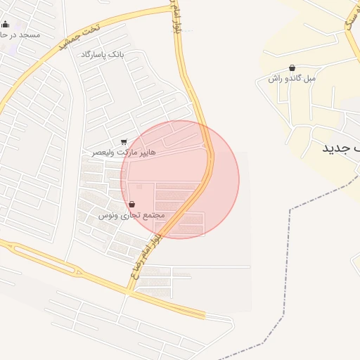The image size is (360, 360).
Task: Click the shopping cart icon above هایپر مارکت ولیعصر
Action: (124, 142)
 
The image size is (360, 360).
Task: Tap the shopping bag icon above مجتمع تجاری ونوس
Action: (132, 204)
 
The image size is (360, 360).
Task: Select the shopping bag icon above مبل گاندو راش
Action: (292, 68)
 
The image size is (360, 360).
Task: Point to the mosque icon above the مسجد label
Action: (6, 25)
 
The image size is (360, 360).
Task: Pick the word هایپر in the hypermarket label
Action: (146, 151)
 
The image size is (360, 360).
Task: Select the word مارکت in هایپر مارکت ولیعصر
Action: (125, 151)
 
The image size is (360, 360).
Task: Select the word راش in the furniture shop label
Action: (274, 78)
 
